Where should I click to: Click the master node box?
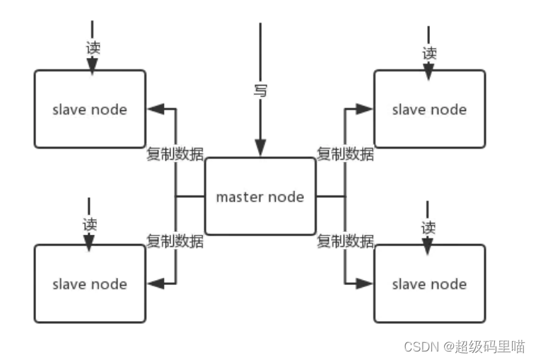260,196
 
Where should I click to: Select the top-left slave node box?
90,109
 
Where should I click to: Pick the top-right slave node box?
429,109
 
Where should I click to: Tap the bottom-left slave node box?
90,284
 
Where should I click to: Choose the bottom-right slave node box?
429,284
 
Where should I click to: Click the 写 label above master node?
260,91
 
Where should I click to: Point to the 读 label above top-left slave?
92,48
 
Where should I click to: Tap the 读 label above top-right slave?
429,52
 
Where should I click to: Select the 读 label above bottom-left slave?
90,224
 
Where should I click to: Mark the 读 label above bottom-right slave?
429,228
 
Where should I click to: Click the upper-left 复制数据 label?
175,153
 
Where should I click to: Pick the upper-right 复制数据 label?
345,153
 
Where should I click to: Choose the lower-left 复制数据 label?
175,240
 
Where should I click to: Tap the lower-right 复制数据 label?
345,240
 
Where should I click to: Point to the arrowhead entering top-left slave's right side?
155,109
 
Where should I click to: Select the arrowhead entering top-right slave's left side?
364,109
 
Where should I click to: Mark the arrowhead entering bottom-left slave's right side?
155,284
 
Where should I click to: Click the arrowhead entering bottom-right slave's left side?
364,284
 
